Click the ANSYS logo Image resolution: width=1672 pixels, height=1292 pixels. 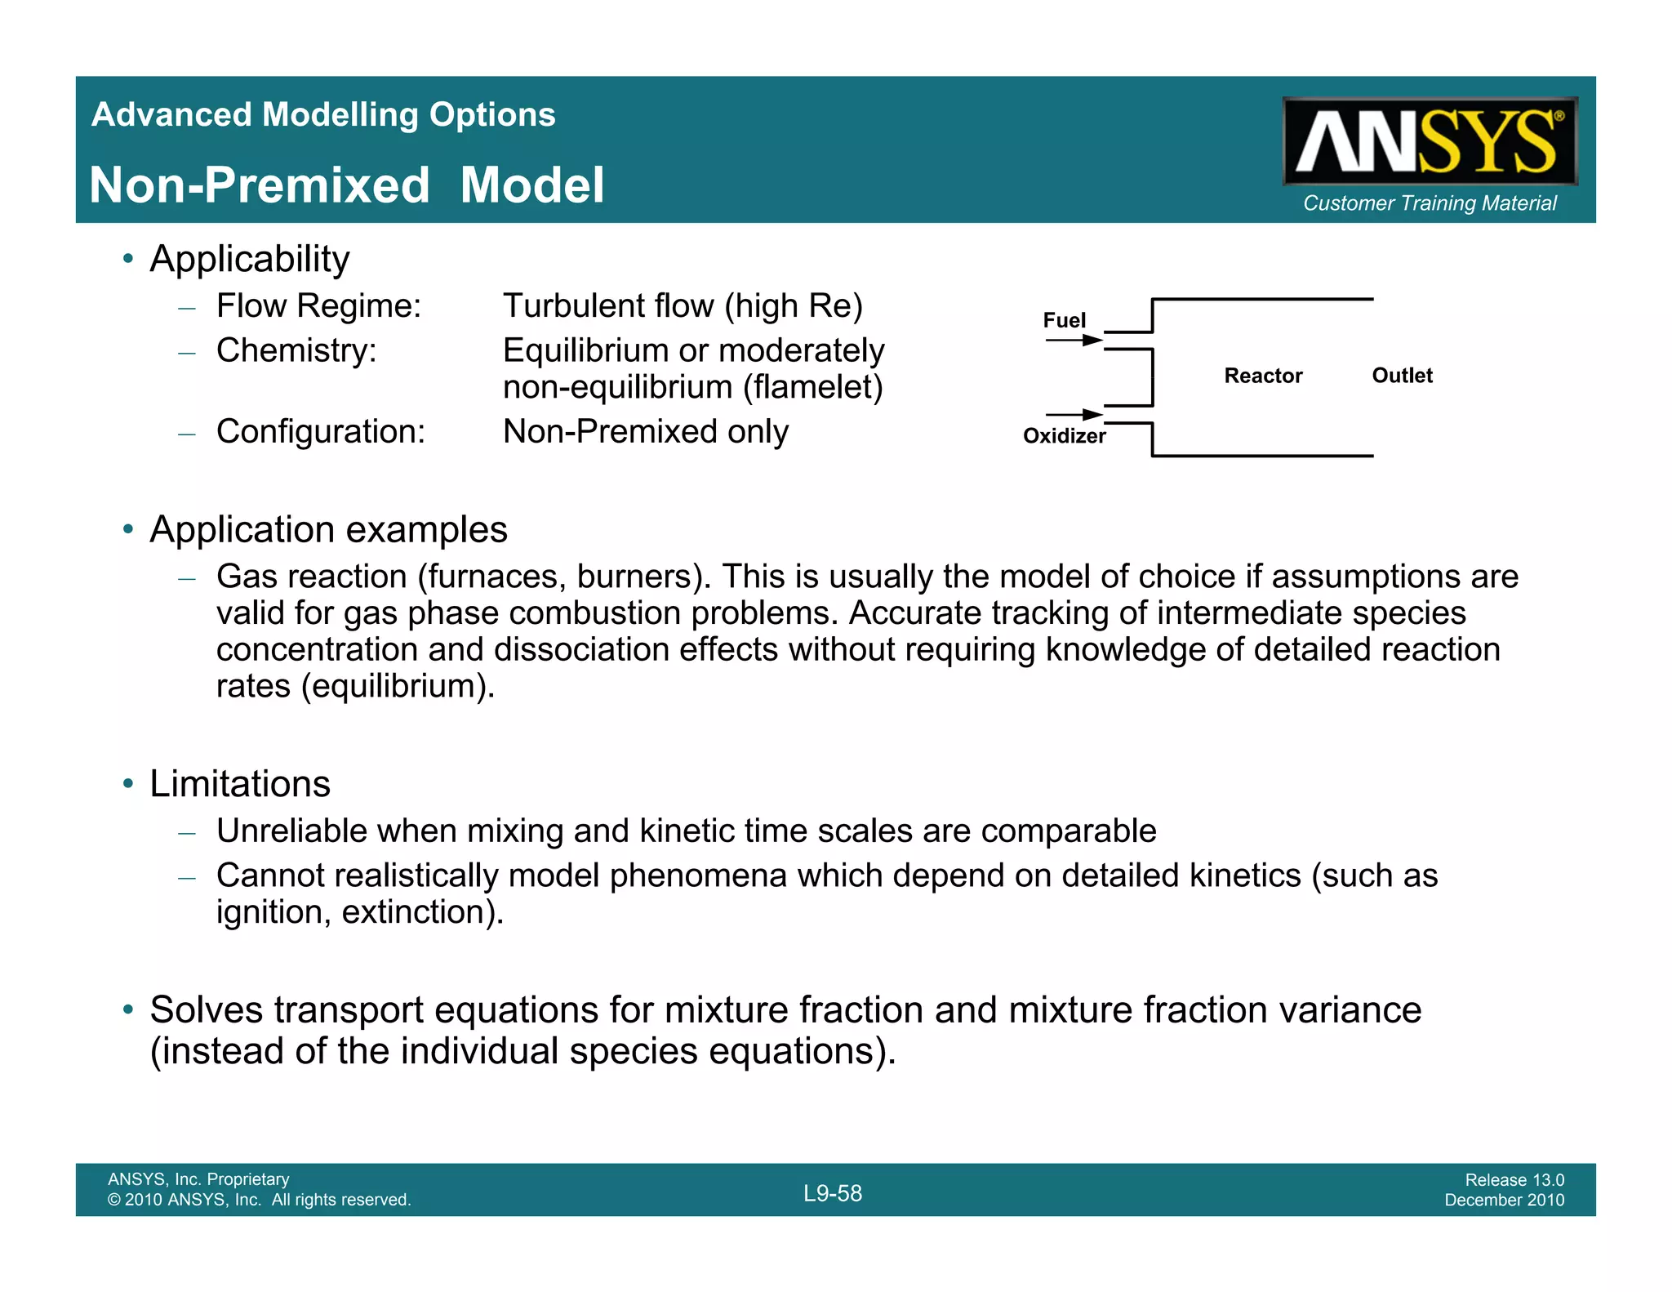point(1429,141)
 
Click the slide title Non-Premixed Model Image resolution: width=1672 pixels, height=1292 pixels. point(347,185)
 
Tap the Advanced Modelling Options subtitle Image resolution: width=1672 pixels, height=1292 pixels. point(323,114)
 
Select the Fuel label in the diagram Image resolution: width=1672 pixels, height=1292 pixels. point(1064,320)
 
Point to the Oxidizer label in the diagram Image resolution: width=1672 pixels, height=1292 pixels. point(1064,436)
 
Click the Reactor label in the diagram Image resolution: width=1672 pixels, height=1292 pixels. point(1263,376)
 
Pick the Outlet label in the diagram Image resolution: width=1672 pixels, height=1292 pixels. point(1402,376)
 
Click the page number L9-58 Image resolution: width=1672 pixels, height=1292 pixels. point(833,1193)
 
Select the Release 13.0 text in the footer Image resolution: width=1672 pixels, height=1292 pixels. point(1514,1179)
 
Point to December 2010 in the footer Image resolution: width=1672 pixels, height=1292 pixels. point(1504,1200)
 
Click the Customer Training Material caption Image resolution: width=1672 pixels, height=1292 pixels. point(1430,203)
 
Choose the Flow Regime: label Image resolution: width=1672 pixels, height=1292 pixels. point(318,306)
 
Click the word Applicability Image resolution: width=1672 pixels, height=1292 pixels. point(250,259)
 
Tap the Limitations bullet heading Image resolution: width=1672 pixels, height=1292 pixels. point(240,784)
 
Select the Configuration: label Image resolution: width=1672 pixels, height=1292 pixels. point(321,432)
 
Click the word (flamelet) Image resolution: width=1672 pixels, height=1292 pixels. point(813,387)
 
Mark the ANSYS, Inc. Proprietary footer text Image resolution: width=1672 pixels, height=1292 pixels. point(198,1179)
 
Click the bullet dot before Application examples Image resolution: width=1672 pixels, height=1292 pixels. point(128,529)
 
